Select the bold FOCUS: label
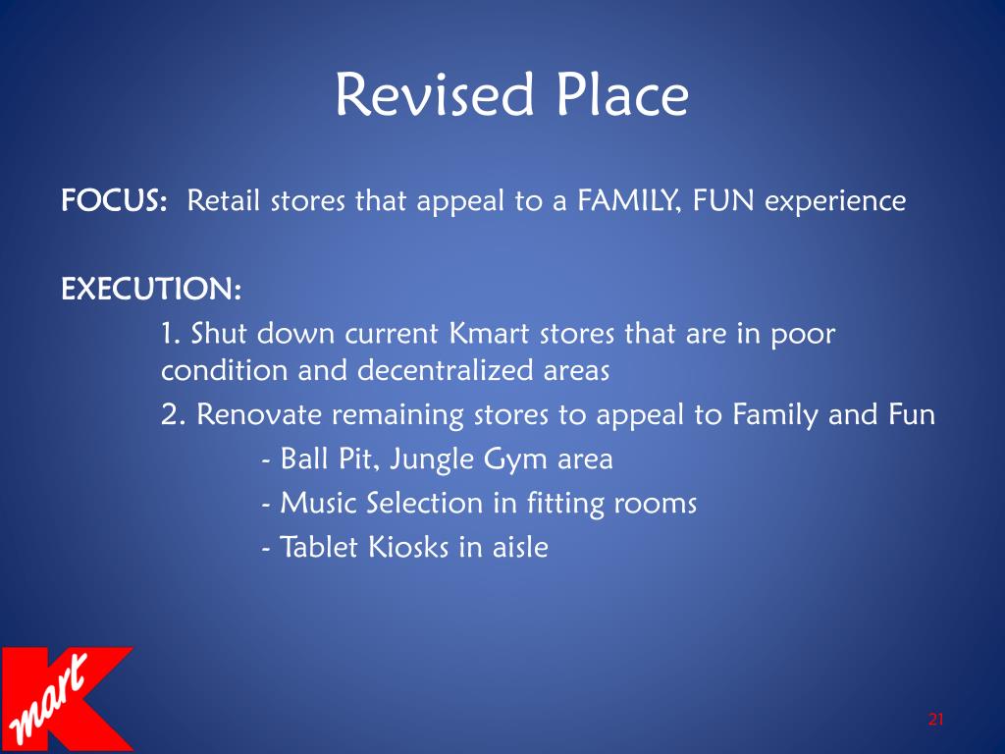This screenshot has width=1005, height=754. click(x=113, y=202)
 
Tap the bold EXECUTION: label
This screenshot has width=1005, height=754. click(x=151, y=291)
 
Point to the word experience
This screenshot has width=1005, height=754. click(x=835, y=202)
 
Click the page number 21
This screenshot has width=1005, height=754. click(x=934, y=721)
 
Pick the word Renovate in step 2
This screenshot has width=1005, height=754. click(x=259, y=414)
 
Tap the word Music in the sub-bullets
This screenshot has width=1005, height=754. click(x=319, y=504)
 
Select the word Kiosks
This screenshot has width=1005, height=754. click(x=409, y=547)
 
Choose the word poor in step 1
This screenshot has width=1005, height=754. click(x=799, y=334)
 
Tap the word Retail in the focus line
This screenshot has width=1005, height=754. click(x=225, y=202)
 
